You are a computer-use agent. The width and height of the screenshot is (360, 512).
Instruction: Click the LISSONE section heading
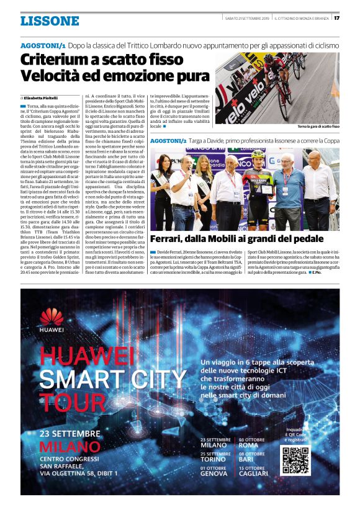pos(50,21)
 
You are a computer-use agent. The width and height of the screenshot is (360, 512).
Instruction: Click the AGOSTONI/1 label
pos(43,46)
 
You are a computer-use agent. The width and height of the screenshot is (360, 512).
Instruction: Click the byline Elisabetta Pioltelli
pos(44,98)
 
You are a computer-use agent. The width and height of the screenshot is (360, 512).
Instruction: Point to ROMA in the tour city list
pos(248,445)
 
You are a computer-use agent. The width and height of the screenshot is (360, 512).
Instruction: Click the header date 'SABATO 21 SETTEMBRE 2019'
pos(246,18)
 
